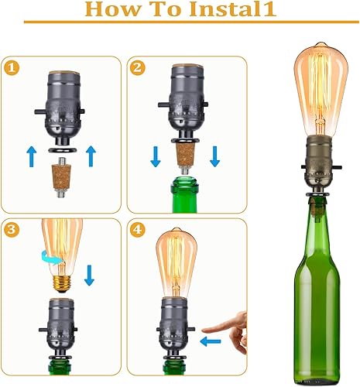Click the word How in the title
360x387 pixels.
[113, 11]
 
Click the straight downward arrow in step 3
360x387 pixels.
[89, 275]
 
